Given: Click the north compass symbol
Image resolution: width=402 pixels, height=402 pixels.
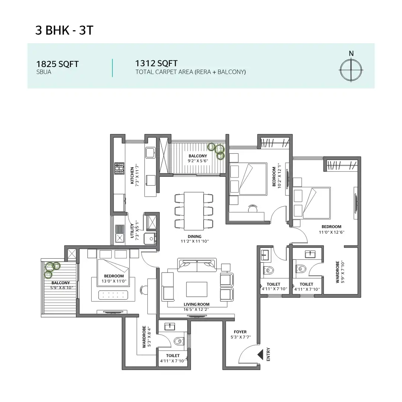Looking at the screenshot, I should coord(351,70).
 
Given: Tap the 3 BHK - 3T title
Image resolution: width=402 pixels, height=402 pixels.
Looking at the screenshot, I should coord(64,30).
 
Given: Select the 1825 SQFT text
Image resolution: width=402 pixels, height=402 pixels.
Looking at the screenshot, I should coord(57,64).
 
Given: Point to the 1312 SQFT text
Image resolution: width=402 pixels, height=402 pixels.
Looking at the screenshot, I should coord(156,63).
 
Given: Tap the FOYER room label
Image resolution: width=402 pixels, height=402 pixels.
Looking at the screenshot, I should coord(240,332).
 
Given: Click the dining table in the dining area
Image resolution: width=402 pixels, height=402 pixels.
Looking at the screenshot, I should coord(194,211).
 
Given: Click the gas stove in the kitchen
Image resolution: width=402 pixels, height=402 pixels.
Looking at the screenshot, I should coord(119,168).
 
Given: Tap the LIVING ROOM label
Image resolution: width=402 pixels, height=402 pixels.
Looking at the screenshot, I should coord(196,304).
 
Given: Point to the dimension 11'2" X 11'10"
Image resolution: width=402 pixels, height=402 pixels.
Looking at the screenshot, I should coord(195,241).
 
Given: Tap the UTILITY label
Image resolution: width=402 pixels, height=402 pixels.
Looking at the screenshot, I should coord(132,231).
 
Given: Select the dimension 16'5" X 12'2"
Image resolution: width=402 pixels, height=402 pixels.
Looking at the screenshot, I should coord(196,309).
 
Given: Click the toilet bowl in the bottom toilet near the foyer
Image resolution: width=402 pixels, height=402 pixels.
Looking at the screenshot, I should coord(179,341).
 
